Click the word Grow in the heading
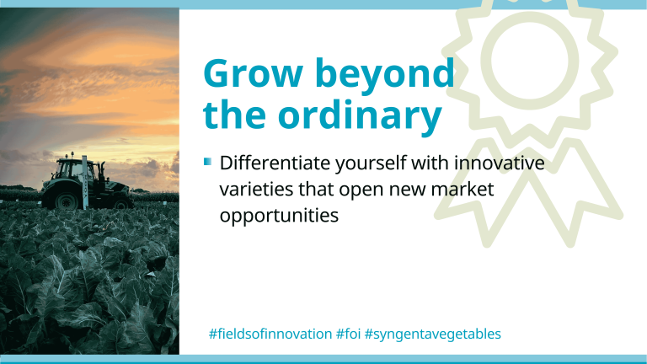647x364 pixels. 253,73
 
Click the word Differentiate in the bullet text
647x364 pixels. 275,163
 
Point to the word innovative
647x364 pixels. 499,163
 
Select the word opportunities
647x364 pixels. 279,217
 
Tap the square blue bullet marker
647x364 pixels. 207,162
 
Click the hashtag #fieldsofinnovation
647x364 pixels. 270,334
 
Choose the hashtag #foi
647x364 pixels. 348,334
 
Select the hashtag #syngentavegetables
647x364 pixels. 433,334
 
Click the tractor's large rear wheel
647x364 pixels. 66,201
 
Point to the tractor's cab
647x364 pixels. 73,169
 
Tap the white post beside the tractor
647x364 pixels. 84,182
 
